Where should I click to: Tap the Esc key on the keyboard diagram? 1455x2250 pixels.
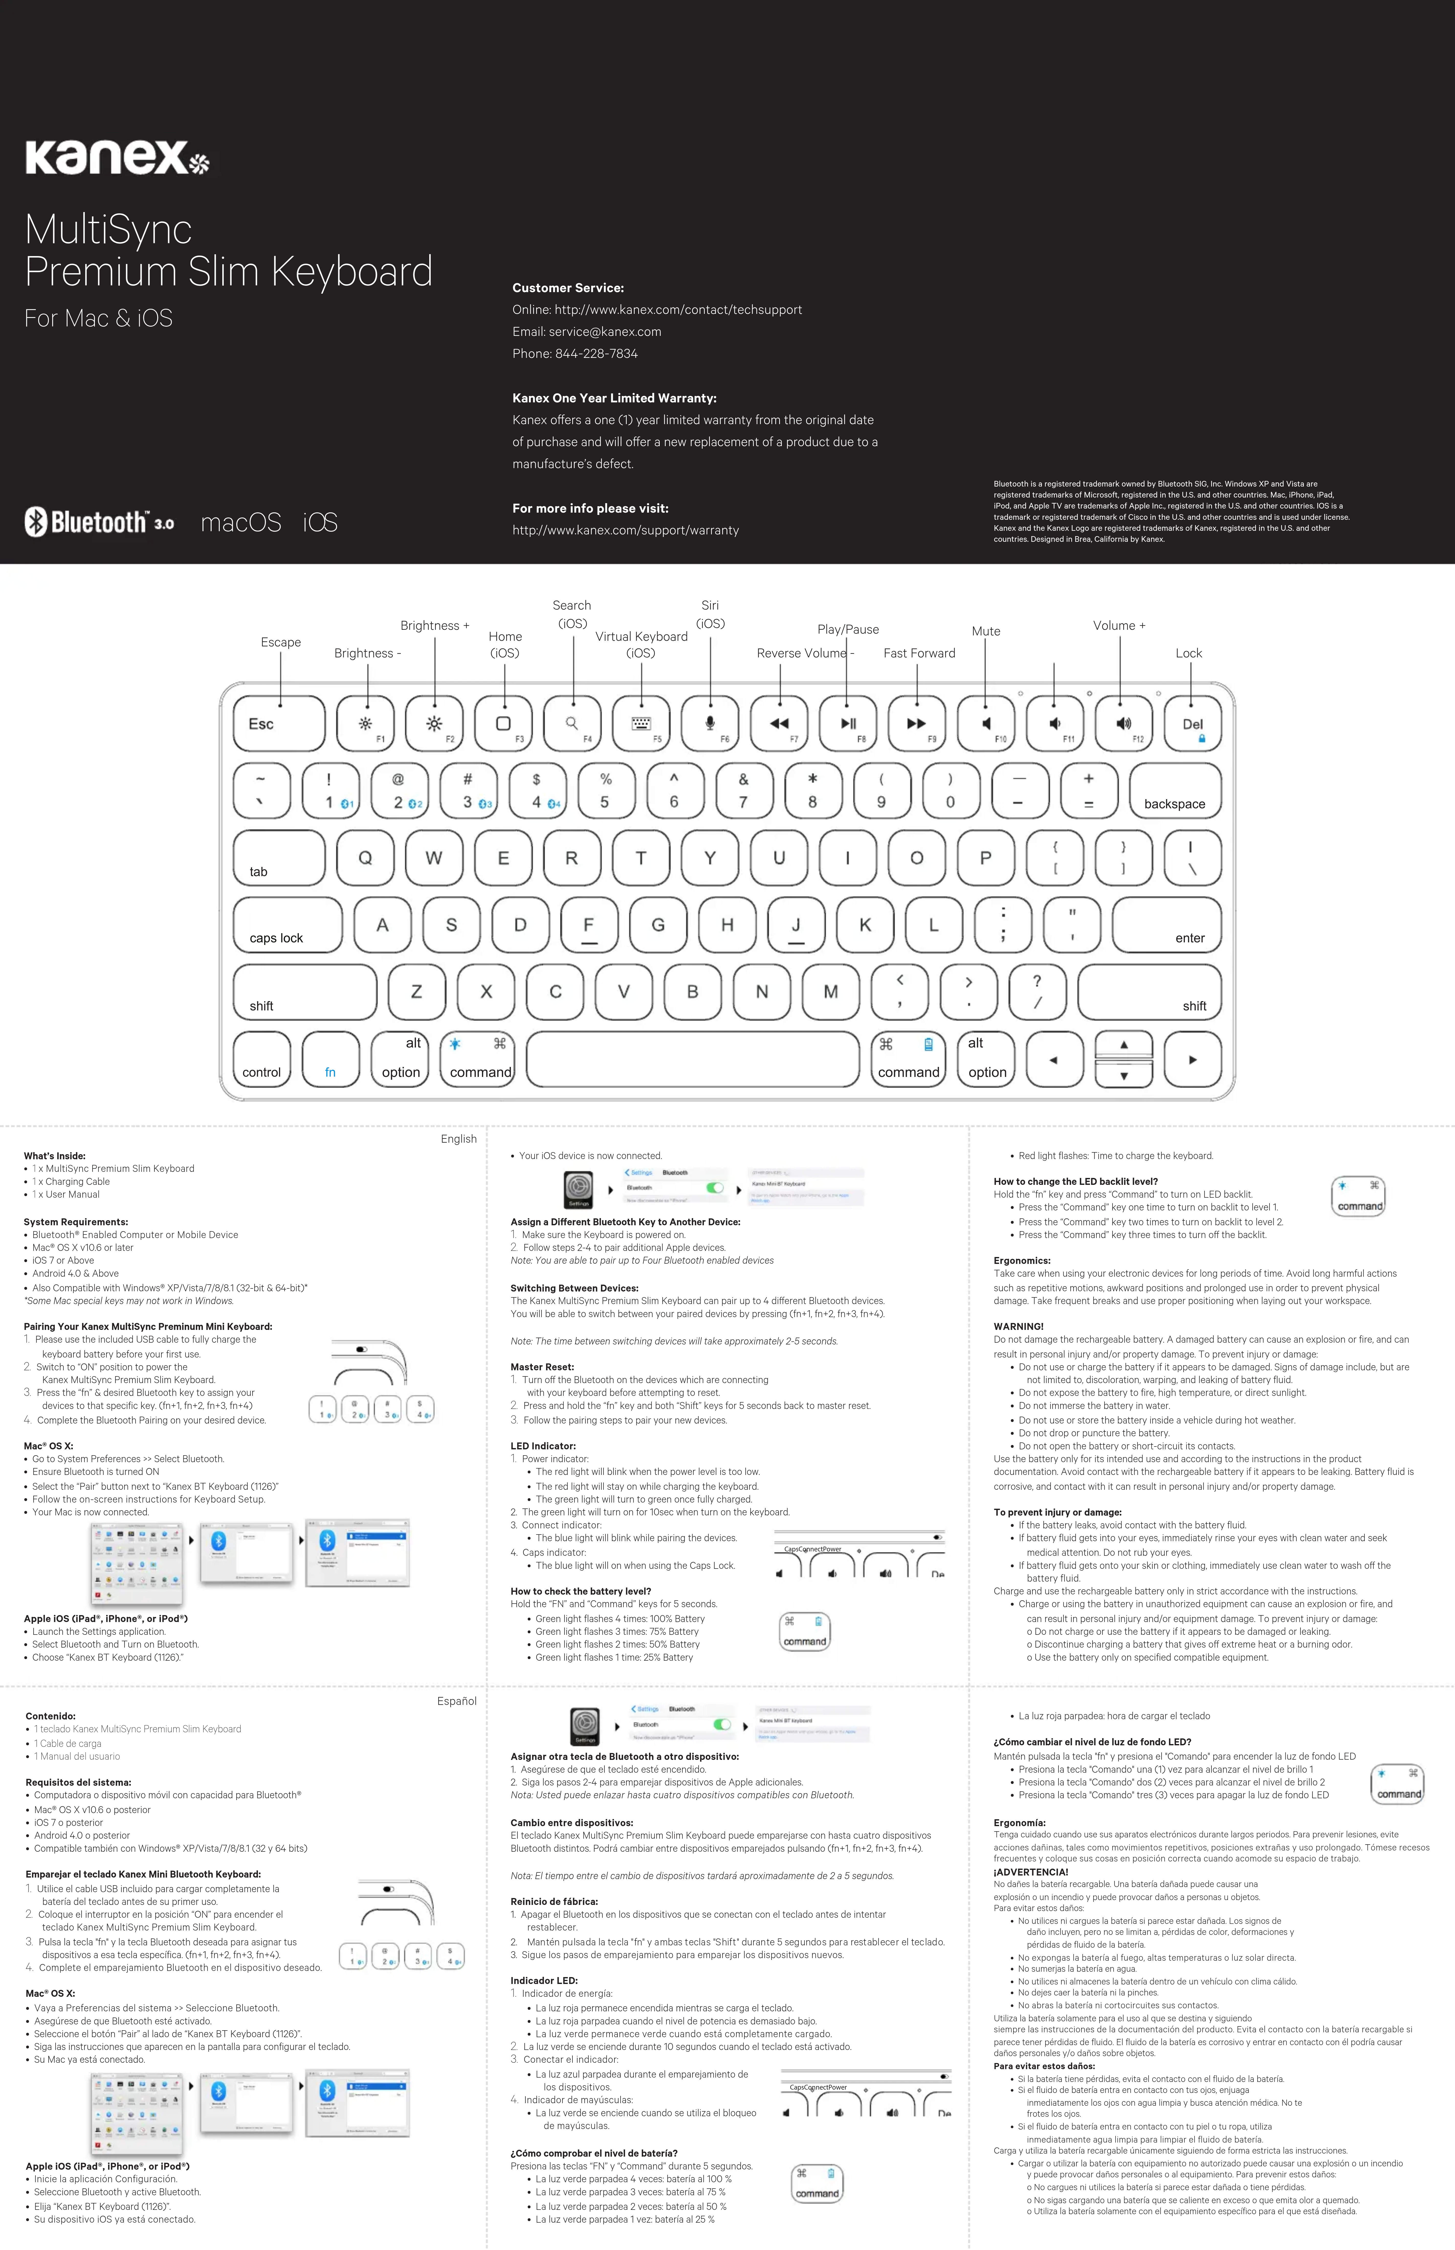tap(279, 724)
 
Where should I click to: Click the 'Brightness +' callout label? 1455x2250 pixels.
tap(435, 625)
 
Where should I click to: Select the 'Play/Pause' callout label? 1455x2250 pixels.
tap(847, 629)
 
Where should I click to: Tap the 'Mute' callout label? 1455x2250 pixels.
tap(985, 631)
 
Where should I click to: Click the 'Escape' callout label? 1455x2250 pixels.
tap(281, 642)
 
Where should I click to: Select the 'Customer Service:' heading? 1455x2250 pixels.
tap(568, 288)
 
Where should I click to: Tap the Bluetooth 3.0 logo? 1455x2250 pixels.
tap(99, 521)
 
